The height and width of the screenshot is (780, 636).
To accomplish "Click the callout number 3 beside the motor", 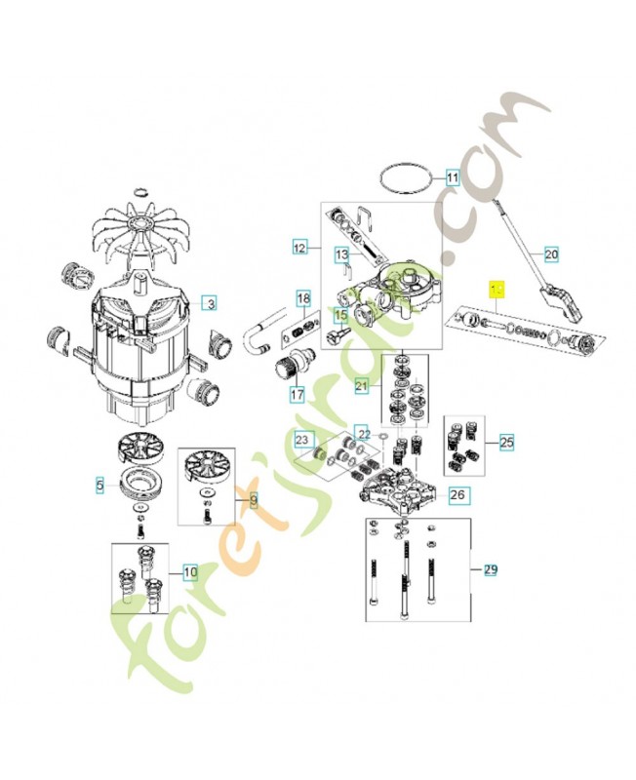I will pyautogui.click(x=210, y=303).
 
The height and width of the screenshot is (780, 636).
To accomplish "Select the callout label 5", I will pyautogui.click(x=99, y=484).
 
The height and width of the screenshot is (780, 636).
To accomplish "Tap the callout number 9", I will pyautogui.click(x=253, y=501).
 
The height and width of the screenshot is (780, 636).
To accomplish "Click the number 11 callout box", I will pyautogui.click(x=452, y=178).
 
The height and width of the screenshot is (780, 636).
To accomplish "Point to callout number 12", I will pyautogui.click(x=299, y=248).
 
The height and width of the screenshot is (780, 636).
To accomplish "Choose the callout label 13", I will pyautogui.click(x=341, y=255).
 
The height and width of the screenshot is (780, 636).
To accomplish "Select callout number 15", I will pyautogui.click(x=340, y=315).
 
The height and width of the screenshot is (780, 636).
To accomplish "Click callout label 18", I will pyautogui.click(x=303, y=296).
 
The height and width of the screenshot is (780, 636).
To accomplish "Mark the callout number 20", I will pyautogui.click(x=550, y=255).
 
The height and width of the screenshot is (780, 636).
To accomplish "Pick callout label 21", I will pyautogui.click(x=361, y=387).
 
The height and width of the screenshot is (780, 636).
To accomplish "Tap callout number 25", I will pyautogui.click(x=505, y=443).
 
